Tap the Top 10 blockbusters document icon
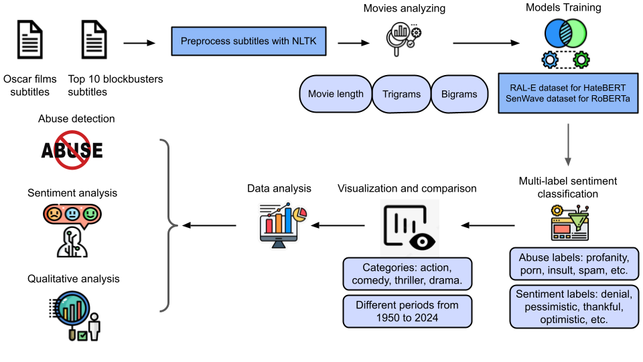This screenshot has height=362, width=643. pyautogui.click(x=94, y=41)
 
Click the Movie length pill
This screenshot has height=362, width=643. pyautogui.click(x=336, y=94)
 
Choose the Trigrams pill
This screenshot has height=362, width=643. pyautogui.click(x=401, y=94)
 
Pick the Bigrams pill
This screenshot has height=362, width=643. pyautogui.click(x=459, y=94)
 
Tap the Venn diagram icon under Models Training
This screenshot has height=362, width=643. pyautogui.click(x=566, y=33)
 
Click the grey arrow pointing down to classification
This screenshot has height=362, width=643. pyautogui.click(x=568, y=143)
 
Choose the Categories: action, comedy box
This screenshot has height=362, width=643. pyautogui.click(x=407, y=273)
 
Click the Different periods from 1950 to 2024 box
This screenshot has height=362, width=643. pyautogui.click(x=407, y=311)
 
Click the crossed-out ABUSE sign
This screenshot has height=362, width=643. pyautogui.click(x=72, y=149)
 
